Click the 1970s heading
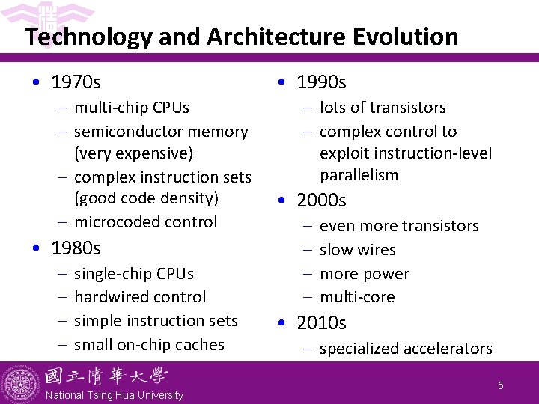[76, 81]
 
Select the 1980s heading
[76, 248]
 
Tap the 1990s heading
[321, 82]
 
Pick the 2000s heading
[321, 201]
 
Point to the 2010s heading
[321, 323]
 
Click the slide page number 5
[501, 386]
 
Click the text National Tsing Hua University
[114, 395]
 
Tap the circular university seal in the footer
[20, 383]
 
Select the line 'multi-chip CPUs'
[131, 108]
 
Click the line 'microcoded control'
[145, 222]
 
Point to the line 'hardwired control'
[140, 297]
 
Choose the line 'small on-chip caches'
[149, 345]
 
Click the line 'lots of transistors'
[383, 108]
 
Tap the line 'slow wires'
[357, 250]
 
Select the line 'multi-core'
[357, 297]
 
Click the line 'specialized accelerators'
[406, 349]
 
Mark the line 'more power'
[364, 274]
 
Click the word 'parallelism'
[359, 175]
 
